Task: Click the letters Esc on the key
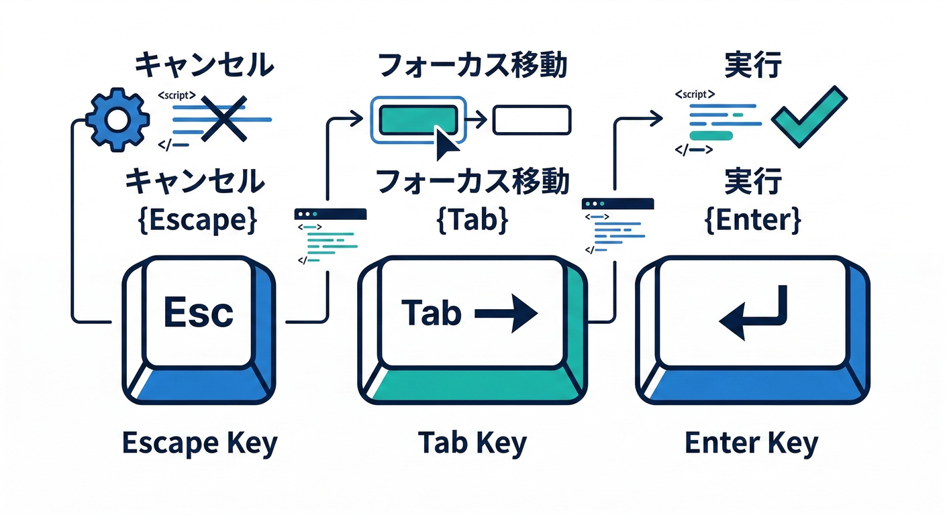[199, 312]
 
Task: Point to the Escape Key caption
[199, 444]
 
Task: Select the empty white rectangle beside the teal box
[532, 120]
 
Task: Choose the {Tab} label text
[472, 221]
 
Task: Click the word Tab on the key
[432, 313]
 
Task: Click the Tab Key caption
[472, 444]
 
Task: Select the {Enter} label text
[752, 221]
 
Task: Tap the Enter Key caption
[752, 444]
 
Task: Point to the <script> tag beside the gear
[177, 96]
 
